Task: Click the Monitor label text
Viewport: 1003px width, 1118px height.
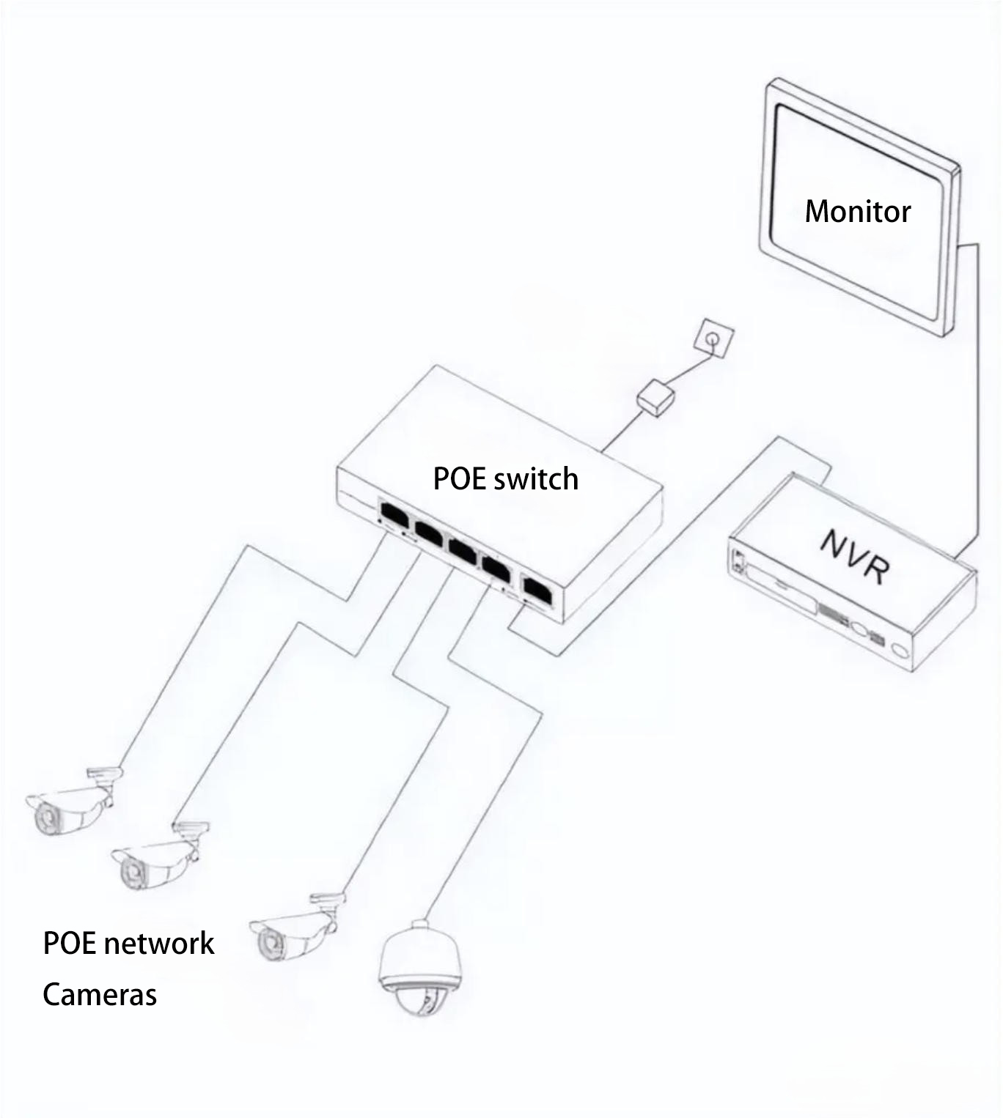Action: (857, 211)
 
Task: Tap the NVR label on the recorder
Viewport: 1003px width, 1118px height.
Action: (855, 556)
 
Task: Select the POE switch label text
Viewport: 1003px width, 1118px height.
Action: (505, 478)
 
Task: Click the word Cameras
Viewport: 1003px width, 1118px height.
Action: (100, 994)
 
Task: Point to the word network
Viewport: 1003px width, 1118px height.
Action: (160, 943)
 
